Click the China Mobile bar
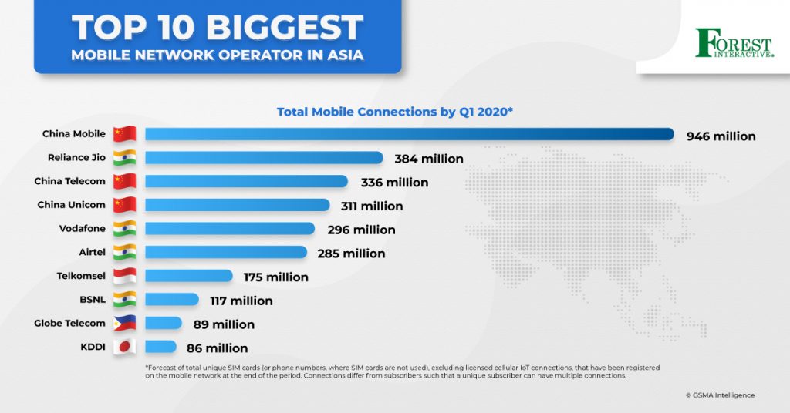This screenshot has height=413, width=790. [x=409, y=135]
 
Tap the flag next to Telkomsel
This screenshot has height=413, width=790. [x=124, y=276]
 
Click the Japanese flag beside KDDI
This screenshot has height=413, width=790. [x=124, y=347]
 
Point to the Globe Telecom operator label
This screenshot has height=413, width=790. [x=69, y=324]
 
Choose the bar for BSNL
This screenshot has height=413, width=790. [x=171, y=300]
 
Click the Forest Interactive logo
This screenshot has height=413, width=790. [x=734, y=43]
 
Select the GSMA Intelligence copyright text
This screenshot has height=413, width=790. [x=720, y=395]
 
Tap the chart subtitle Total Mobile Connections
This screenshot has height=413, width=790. [x=395, y=112]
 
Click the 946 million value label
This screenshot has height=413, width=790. [x=721, y=136]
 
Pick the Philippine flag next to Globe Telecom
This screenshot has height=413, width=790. [x=124, y=324]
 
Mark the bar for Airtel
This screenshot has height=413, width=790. [x=225, y=253]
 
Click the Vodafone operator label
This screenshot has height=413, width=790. [x=82, y=229]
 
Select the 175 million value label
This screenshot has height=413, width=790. [x=275, y=277]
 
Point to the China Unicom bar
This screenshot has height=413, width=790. [x=237, y=206]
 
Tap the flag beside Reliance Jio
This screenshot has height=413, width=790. [x=124, y=158]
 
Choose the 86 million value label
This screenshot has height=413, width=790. [x=217, y=348]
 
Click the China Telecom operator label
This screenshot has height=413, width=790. [x=69, y=182]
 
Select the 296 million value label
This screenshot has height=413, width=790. [x=361, y=230]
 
